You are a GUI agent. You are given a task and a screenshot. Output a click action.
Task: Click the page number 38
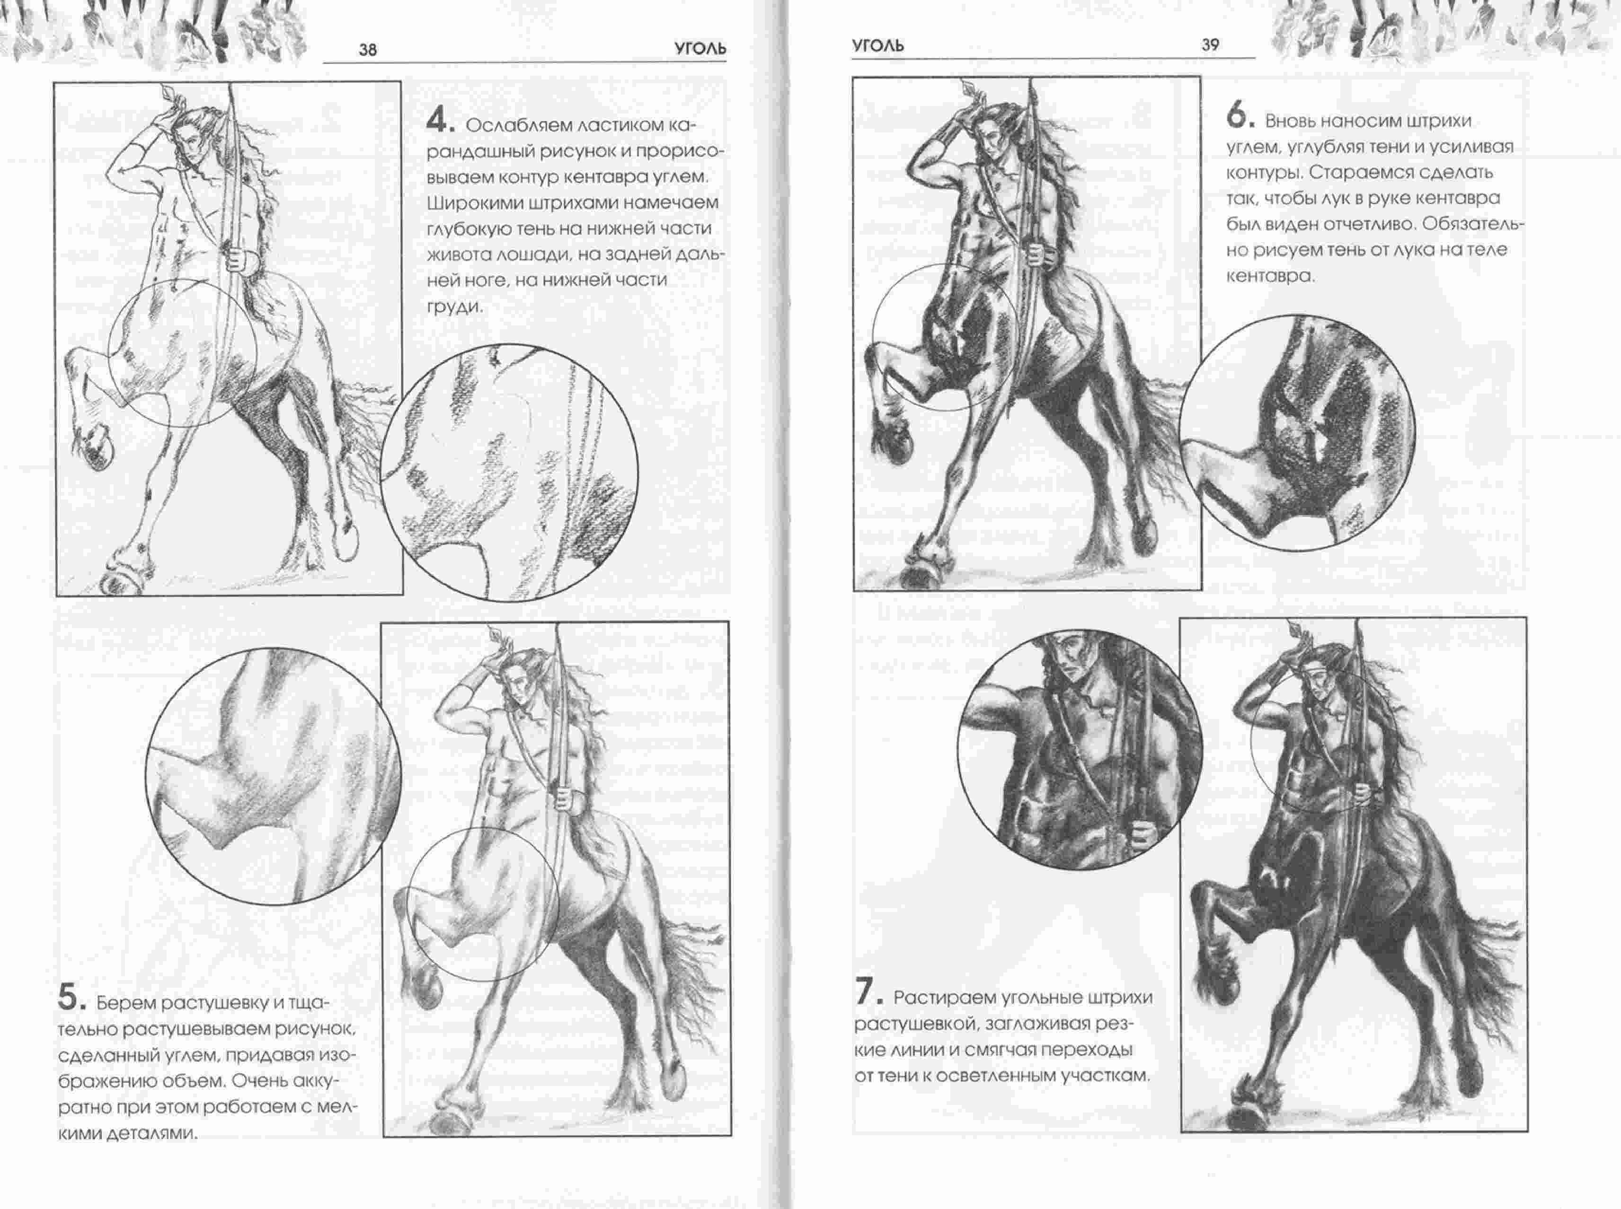pyautogui.click(x=368, y=50)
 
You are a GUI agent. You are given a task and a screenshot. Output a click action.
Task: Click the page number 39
pyautogui.click(x=1210, y=44)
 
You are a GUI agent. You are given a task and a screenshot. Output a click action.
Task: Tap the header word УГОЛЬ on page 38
pyautogui.click(x=700, y=49)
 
